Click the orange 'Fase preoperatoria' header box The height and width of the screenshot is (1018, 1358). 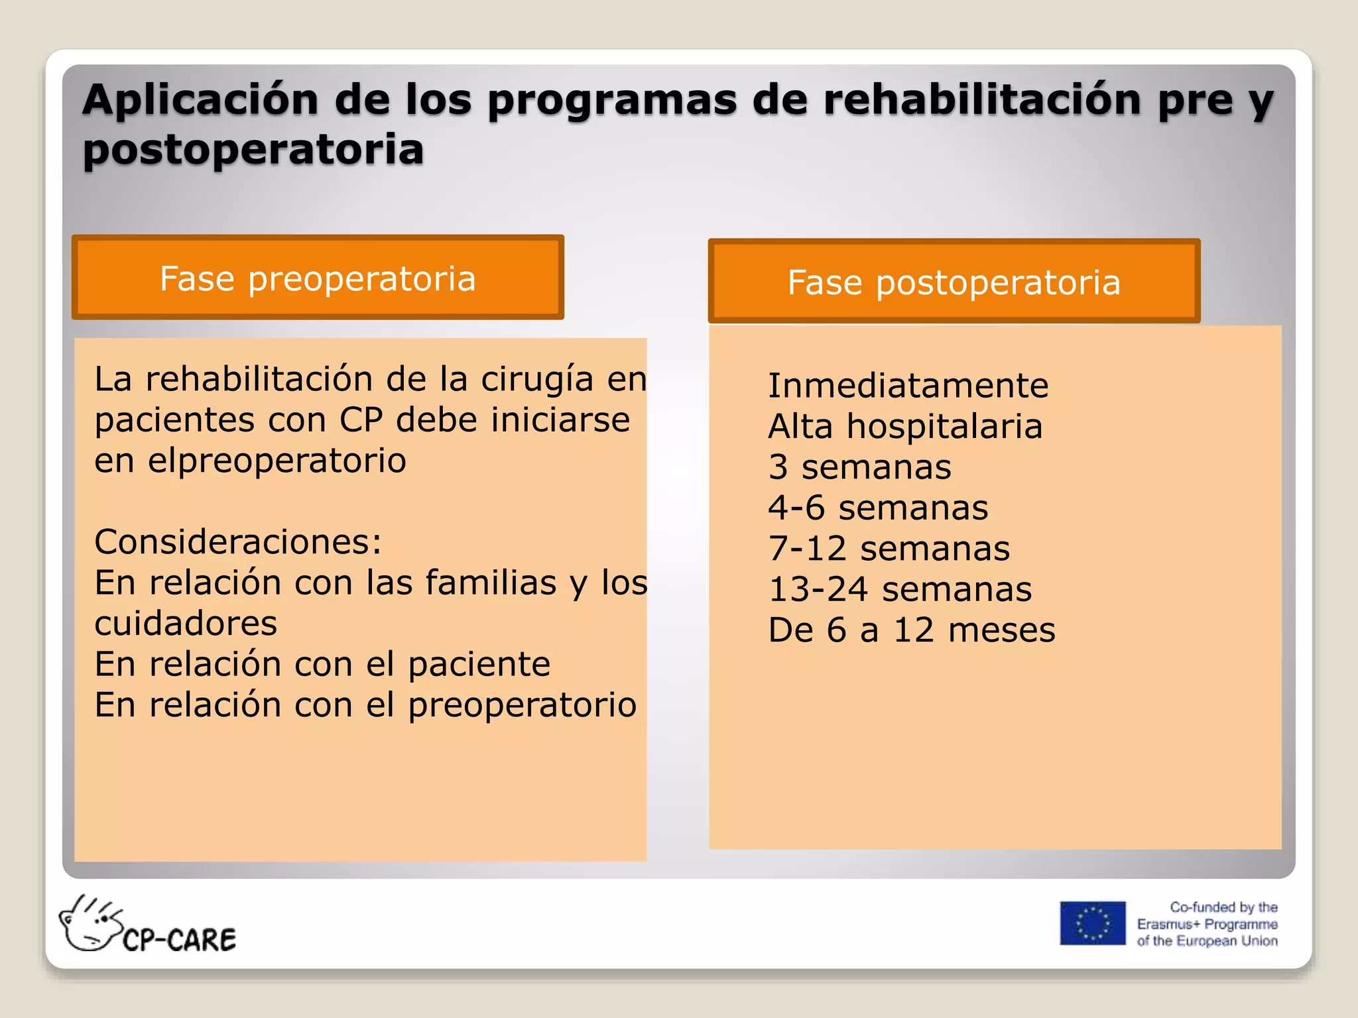318,278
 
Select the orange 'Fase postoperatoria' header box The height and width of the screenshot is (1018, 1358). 954,282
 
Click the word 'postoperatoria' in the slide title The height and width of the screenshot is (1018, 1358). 253,149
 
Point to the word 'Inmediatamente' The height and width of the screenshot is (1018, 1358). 908,385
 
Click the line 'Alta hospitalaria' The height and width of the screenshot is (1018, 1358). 905,426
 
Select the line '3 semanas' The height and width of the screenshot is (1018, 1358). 859,467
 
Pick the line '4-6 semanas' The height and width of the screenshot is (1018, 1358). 878,508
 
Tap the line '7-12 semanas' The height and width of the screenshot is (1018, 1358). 889,548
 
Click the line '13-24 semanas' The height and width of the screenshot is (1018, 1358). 900,589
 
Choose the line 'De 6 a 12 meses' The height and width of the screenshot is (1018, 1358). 911,630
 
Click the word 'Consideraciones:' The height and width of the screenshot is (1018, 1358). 238,541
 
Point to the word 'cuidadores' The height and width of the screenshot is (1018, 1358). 186,623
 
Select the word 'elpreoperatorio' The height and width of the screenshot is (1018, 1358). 277,461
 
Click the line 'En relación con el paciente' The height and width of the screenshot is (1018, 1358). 322,664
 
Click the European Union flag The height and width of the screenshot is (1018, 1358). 1092,923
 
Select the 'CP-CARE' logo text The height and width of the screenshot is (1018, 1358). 179,940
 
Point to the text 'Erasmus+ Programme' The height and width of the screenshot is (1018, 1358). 1207,924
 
